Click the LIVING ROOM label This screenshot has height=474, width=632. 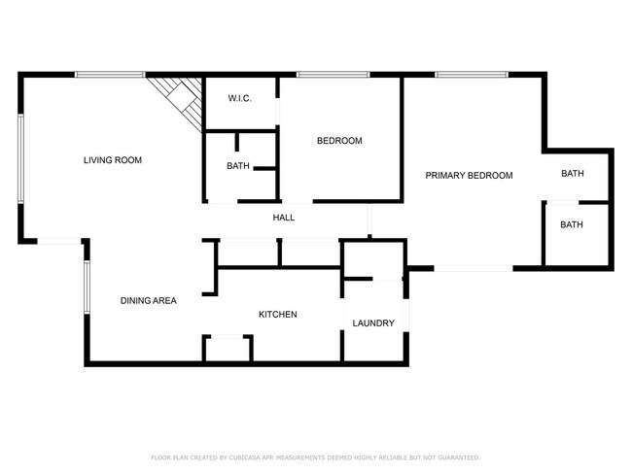pos(113,160)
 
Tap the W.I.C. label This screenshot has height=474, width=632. pos(240,98)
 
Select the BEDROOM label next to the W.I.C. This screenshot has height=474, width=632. pos(339,141)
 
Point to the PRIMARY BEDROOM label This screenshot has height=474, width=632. pos(469,176)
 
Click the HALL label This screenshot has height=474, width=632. pos(284,218)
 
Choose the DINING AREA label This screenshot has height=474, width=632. pos(148,301)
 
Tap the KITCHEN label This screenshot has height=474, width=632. pos(277,315)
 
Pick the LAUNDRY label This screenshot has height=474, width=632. pos(373,323)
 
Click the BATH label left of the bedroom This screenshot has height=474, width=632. pos(238,166)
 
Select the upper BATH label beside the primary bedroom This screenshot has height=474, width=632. pos(572,175)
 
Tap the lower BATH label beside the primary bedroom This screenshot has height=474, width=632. pos(572,225)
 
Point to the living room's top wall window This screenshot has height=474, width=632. pos(110,74)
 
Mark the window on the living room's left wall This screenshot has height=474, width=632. pos(20,158)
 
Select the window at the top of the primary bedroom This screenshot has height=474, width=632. pos(471,74)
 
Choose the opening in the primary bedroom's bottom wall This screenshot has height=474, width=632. pos(473,267)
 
